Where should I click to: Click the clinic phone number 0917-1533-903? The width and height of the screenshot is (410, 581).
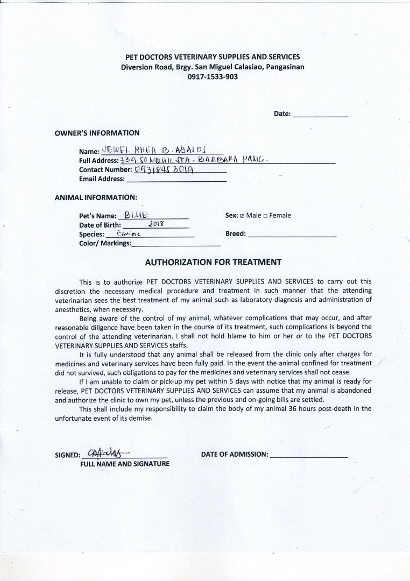click(213, 77)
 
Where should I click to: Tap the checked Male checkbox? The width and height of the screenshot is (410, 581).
click(242, 216)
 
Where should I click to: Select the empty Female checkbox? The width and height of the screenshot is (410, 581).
click(266, 216)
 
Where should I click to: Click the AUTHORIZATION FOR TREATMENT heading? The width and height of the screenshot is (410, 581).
click(213, 263)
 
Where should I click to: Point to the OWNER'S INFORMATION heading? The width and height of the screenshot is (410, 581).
click(97, 133)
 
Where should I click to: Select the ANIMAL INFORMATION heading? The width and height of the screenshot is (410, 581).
click(96, 197)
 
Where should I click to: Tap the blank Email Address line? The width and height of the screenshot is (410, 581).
click(176, 180)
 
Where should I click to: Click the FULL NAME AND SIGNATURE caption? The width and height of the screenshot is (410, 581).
click(124, 464)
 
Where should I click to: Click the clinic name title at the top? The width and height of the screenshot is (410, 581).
click(213, 57)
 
